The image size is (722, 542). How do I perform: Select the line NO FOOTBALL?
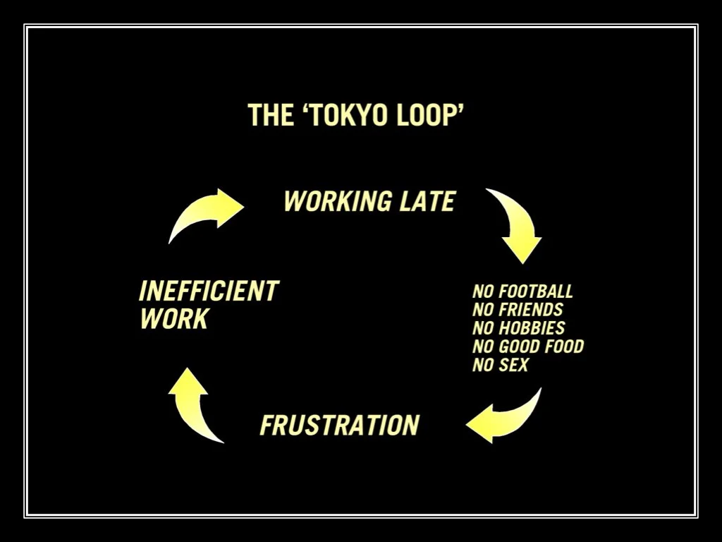[x=522, y=291]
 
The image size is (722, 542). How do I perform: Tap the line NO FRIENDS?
[x=518, y=310]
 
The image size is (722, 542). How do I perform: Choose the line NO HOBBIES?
[x=518, y=328]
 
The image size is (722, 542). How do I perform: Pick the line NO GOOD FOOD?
[x=527, y=347]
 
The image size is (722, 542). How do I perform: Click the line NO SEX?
[x=500, y=365]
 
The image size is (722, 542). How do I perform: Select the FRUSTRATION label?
[x=339, y=426]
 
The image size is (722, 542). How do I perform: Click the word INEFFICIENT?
[x=209, y=291]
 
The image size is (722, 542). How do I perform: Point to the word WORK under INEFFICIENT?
[x=173, y=319]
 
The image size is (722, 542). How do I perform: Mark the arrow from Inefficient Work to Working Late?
[x=206, y=212]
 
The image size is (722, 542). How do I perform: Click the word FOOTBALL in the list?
[x=535, y=291]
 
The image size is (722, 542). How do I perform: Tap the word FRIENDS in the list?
[x=530, y=310]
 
